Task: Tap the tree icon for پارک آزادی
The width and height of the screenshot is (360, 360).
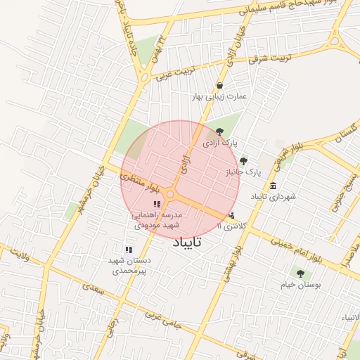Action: pos(219,131)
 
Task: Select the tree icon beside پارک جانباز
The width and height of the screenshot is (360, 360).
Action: pos(243,161)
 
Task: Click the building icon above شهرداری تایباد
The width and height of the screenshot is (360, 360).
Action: pos(272,186)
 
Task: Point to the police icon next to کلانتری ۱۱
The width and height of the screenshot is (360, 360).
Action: pos(232,215)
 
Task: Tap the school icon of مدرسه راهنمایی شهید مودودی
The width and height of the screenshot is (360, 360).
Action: pos(156,204)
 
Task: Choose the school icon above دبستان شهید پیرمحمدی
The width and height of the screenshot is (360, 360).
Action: pos(128,250)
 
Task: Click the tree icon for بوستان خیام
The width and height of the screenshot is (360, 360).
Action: pos(300,274)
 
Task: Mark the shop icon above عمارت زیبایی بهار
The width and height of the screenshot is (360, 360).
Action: pos(220,85)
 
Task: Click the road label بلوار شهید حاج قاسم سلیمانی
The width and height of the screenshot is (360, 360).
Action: pos(296,7)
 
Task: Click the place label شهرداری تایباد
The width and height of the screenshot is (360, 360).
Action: pos(274,196)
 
